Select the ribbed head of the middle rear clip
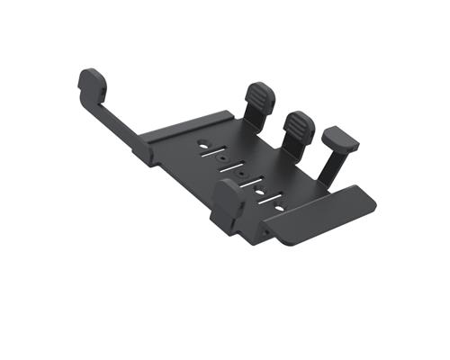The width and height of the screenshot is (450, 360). click(298, 126)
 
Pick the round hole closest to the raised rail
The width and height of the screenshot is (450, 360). click(205, 142)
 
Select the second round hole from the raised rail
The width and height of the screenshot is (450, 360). click(221, 155)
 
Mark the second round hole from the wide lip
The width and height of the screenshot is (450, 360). click(259, 192)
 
